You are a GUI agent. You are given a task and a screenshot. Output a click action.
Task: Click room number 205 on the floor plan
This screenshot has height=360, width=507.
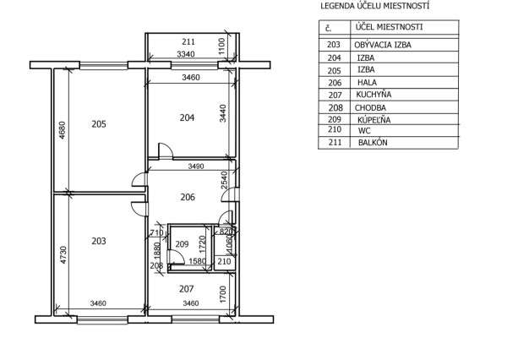[x=99, y=124]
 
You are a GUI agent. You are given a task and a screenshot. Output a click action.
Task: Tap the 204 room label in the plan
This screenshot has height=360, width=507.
[x=187, y=117]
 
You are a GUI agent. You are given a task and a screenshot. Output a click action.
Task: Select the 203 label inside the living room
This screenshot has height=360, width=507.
[x=99, y=241]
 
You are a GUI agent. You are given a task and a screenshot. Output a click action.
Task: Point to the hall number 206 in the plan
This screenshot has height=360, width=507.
[x=188, y=197]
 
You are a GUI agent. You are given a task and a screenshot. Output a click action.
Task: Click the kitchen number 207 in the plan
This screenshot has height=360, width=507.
[x=187, y=288]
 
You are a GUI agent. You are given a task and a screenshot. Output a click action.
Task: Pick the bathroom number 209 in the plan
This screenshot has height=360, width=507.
[x=182, y=244]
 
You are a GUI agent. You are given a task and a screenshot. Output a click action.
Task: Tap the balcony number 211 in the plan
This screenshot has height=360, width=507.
[x=188, y=41]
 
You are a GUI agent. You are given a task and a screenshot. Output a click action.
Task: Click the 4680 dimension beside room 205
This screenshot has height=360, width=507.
[x=62, y=129]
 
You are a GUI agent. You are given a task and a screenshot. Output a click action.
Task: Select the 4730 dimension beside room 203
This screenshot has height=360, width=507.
[x=63, y=255]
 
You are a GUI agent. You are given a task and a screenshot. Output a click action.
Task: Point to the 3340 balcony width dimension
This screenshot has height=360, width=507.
[x=186, y=54]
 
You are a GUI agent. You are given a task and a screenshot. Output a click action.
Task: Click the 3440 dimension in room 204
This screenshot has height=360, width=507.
[x=223, y=113]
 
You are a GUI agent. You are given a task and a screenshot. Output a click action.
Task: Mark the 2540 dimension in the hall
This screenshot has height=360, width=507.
[x=224, y=180]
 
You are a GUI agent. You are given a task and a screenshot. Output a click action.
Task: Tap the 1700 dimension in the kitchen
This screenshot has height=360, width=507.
[x=223, y=294]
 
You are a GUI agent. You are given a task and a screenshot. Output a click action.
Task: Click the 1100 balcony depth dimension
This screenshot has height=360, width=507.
[x=221, y=46]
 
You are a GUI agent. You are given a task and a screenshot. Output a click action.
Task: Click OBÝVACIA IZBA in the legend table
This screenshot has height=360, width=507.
[x=383, y=45]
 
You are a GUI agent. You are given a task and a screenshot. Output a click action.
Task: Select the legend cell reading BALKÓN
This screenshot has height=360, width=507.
[x=373, y=143]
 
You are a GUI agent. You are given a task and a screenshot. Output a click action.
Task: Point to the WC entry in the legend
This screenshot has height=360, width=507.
[x=364, y=131]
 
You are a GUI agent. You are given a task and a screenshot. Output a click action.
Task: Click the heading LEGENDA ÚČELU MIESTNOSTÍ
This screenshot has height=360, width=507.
[x=374, y=6]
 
